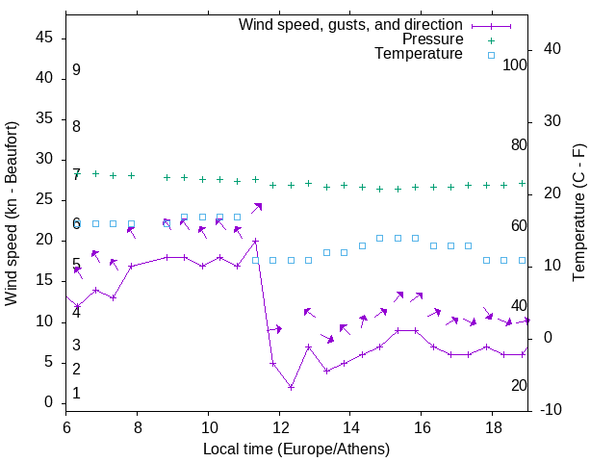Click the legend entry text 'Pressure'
[x=432, y=39]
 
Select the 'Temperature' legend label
[x=419, y=54]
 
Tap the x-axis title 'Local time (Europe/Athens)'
[x=296, y=449]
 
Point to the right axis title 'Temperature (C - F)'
[x=578, y=214]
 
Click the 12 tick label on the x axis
[x=279, y=425]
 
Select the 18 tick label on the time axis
[x=492, y=425]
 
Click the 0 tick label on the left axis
[x=49, y=402]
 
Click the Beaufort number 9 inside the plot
[x=76, y=70]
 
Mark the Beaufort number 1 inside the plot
[x=76, y=393]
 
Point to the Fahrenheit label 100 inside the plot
[x=516, y=65]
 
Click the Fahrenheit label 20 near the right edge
[x=520, y=386]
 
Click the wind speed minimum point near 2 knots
[x=291, y=387]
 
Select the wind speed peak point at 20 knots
[x=255, y=241]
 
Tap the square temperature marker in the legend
[x=491, y=55]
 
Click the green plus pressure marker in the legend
[x=491, y=40]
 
